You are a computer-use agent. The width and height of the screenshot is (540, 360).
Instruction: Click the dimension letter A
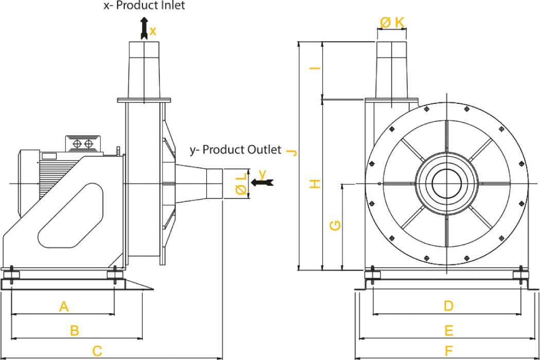pyautogui.click(x=64, y=307)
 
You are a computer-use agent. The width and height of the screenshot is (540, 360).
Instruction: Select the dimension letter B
pyautogui.click(x=75, y=331)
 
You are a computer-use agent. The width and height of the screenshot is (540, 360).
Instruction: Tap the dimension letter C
pyautogui.click(x=97, y=352)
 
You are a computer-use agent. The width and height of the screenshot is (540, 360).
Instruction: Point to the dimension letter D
pyautogui.click(x=448, y=307)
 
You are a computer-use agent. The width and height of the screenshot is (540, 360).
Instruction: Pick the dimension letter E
pyautogui.click(x=448, y=330)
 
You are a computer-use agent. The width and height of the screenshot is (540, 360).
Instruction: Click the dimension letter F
pyautogui.click(x=448, y=351)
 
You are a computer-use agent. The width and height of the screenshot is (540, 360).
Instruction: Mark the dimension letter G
pyautogui.click(x=335, y=225)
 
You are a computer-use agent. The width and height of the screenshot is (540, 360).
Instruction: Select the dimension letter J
pyautogui.click(x=292, y=152)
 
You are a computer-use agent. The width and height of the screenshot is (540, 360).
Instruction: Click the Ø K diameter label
pyautogui.click(x=392, y=22)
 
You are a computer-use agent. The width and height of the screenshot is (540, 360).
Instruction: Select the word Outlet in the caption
pyautogui.click(x=261, y=150)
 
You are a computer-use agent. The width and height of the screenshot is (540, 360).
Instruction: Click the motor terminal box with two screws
pyautogui.click(x=82, y=142)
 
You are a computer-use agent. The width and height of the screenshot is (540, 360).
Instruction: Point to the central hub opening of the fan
pyautogui.click(x=446, y=184)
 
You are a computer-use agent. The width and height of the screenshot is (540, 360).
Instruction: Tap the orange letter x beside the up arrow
pyautogui.click(x=153, y=31)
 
